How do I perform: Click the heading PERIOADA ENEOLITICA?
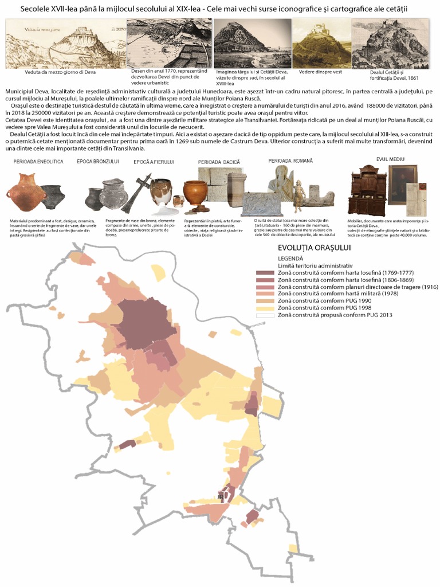point(38,162)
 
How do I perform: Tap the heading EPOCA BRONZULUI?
point(97,162)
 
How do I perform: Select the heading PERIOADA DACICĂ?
point(219,162)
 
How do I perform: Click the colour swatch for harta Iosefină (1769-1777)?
point(265,272)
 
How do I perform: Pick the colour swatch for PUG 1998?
point(265,308)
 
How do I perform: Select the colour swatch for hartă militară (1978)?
point(265,293)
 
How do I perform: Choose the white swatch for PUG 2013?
point(265,315)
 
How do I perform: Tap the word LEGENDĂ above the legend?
point(290,259)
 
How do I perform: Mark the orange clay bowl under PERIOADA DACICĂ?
point(195,193)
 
